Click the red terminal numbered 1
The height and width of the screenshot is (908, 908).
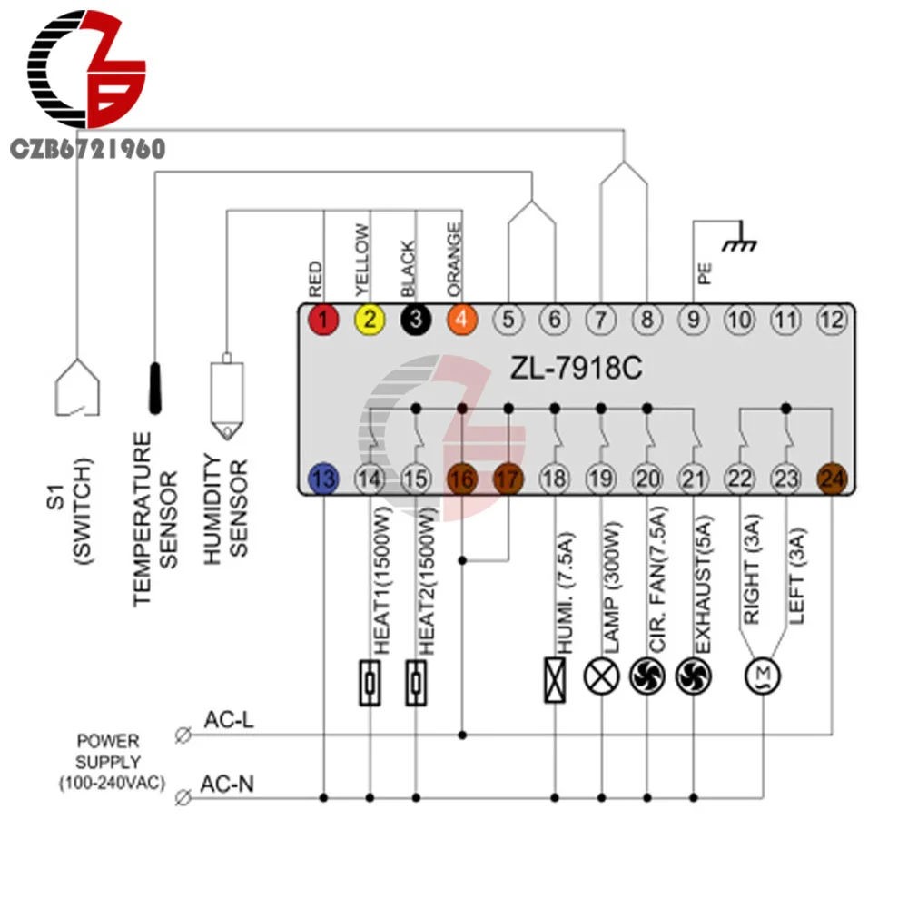click(x=323, y=320)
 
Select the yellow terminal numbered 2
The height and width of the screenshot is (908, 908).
click(x=370, y=320)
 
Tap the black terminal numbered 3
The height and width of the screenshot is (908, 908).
click(x=416, y=320)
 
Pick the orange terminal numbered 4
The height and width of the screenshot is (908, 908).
click(x=462, y=320)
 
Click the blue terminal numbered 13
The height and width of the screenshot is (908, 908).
click(x=323, y=478)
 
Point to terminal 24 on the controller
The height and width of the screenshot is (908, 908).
click(x=832, y=478)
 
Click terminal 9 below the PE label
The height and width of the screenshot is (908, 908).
click(x=693, y=320)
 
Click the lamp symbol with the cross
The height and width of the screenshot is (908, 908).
click(x=600, y=677)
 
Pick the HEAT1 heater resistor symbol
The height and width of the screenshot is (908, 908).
click(x=370, y=679)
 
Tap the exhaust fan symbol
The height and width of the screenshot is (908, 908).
click(x=694, y=677)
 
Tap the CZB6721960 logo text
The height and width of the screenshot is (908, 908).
click(x=87, y=149)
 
